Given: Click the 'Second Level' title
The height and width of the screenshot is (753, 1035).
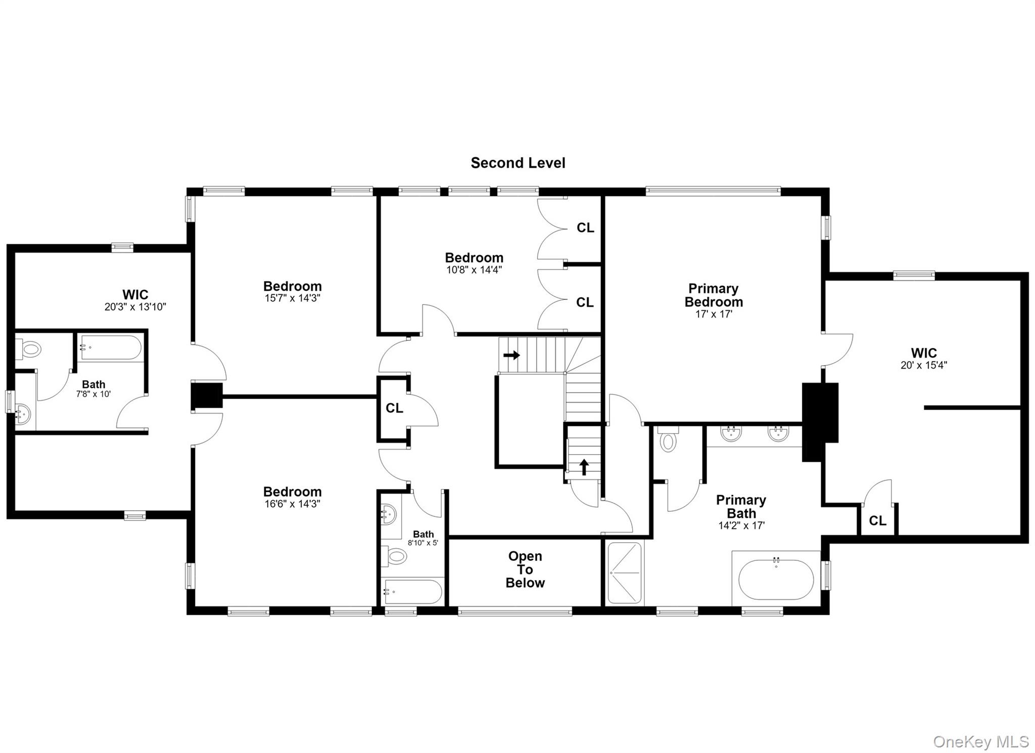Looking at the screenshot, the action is (x=518, y=163).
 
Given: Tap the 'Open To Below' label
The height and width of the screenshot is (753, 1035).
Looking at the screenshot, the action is (x=525, y=569).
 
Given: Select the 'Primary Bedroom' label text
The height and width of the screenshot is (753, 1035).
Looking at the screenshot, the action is (x=714, y=295).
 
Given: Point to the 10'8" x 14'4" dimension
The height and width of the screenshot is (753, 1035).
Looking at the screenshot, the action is (x=474, y=270).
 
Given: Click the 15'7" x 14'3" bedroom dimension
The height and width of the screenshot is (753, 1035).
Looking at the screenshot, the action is (x=293, y=298).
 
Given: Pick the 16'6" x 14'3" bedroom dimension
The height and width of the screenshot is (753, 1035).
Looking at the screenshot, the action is (x=293, y=504).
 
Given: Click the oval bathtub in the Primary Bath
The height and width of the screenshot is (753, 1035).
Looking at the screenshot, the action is (x=776, y=580).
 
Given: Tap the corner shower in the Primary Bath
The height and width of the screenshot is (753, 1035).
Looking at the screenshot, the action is (x=625, y=573).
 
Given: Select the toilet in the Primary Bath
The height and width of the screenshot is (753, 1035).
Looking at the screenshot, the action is (x=668, y=438).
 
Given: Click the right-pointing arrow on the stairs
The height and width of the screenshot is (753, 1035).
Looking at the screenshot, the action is (x=511, y=356).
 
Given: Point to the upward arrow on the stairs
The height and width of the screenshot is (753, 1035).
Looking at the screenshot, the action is (x=584, y=467).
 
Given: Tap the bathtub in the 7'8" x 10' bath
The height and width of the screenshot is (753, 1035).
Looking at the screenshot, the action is (x=110, y=347).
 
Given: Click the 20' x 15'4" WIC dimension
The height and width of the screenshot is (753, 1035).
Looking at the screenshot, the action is (x=924, y=365).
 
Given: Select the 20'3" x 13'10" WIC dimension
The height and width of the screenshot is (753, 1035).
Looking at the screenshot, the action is (x=135, y=307).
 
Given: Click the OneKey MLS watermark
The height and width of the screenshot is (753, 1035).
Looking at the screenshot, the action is (x=981, y=741).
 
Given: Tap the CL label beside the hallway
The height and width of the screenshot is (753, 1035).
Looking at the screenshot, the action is (x=395, y=408).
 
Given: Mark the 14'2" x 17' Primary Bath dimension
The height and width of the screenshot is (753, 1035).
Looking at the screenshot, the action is (x=741, y=525).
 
